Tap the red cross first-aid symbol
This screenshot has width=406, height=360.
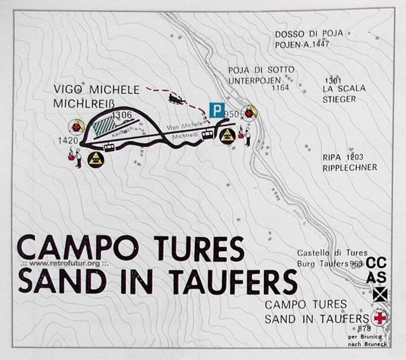click(379, 317)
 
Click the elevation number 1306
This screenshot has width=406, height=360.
click(120, 114)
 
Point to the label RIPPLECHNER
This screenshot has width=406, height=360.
click(349, 167)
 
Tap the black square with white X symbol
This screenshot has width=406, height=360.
click(379, 293)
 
